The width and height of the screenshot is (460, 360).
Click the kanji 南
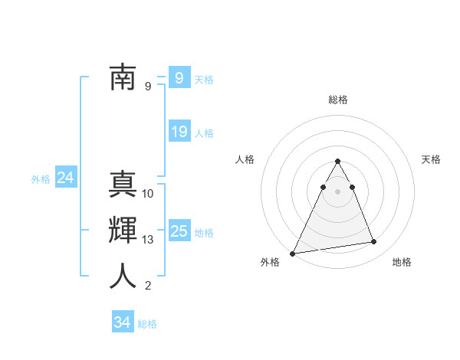123,77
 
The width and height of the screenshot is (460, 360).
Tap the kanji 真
123,186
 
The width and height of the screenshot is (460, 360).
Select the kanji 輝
123,231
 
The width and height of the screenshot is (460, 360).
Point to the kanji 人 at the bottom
123,277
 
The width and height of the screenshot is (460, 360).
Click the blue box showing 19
179,132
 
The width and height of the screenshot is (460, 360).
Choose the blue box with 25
179,231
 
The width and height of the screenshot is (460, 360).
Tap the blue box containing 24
66,178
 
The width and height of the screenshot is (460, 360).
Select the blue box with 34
123,322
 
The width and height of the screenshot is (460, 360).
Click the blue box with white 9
179,77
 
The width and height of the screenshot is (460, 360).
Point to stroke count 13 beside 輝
148,240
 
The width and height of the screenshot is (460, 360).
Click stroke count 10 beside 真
148,194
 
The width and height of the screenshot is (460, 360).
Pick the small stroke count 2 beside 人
148,286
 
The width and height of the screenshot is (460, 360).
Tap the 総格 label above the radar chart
338,100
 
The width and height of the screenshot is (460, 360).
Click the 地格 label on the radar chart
402,262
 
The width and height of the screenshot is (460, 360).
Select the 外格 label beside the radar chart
270,262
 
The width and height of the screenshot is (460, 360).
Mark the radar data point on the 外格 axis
292,253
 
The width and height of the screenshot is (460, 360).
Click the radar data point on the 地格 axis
374,242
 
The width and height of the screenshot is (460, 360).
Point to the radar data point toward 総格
338,162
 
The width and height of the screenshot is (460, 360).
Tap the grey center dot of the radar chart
338,191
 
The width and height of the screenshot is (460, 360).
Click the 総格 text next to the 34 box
147,324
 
